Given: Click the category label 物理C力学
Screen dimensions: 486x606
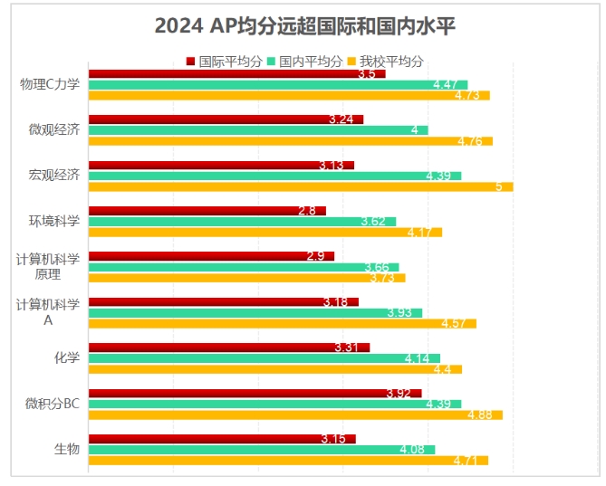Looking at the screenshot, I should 50,84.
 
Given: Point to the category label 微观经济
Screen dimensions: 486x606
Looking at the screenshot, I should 54,129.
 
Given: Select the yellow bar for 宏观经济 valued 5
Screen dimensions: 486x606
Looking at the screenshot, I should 300,187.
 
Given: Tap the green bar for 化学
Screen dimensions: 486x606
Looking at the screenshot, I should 264,358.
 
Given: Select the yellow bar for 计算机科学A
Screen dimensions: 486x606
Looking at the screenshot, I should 282,324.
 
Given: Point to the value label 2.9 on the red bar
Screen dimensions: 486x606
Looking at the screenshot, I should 316,256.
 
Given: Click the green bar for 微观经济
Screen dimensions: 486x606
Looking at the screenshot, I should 257,130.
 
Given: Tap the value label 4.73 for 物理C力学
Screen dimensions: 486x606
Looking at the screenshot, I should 467,96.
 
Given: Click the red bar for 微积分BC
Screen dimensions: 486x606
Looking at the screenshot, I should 255,393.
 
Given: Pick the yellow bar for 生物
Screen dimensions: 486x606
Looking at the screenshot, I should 287,461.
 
